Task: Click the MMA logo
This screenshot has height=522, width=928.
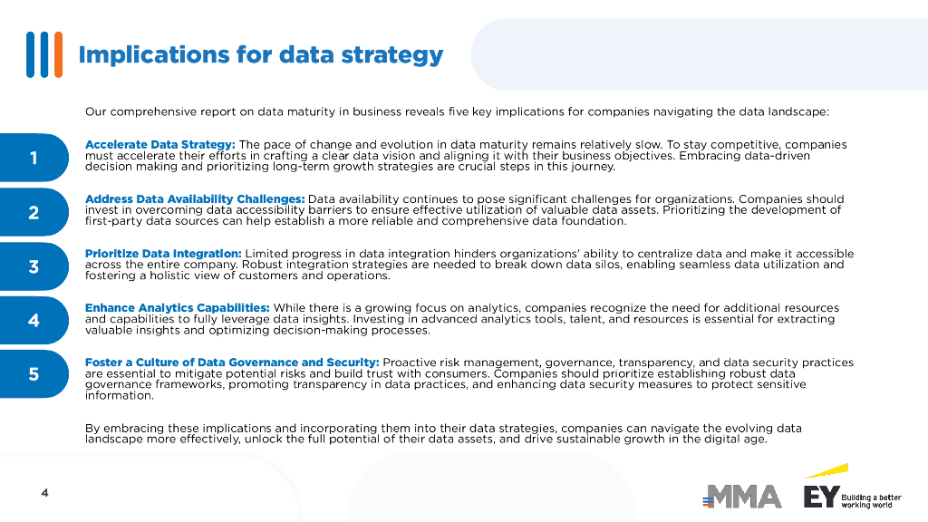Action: [x=741, y=497]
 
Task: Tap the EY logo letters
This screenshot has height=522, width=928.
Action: [x=821, y=497]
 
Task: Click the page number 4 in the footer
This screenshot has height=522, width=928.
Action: [x=45, y=492]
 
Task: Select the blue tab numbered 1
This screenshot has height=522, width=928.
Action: [x=34, y=158]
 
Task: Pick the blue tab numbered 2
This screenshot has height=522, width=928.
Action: [x=34, y=212]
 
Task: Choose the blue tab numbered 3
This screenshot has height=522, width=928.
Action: [x=34, y=266]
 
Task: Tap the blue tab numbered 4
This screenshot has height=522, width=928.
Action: [x=34, y=320]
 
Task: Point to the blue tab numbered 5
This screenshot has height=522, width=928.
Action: [x=34, y=374]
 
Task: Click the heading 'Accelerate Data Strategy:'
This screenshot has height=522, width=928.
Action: [x=160, y=144]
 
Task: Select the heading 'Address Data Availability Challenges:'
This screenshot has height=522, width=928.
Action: [x=196, y=198]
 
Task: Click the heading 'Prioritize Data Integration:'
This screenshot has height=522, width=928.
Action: [x=163, y=254]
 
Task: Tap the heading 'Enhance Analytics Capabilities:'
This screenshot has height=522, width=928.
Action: [x=178, y=308]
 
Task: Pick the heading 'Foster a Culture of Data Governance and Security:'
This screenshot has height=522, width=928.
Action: [x=232, y=362]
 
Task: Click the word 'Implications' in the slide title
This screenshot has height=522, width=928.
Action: [x=154, y=55]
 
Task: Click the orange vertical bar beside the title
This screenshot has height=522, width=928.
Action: [x=59, y=54]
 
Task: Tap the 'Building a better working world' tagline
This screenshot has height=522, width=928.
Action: [x=871, y=501]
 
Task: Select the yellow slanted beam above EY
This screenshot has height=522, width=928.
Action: [x=826, y=471]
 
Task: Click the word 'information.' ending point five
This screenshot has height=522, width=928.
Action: [x=120, y=395]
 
